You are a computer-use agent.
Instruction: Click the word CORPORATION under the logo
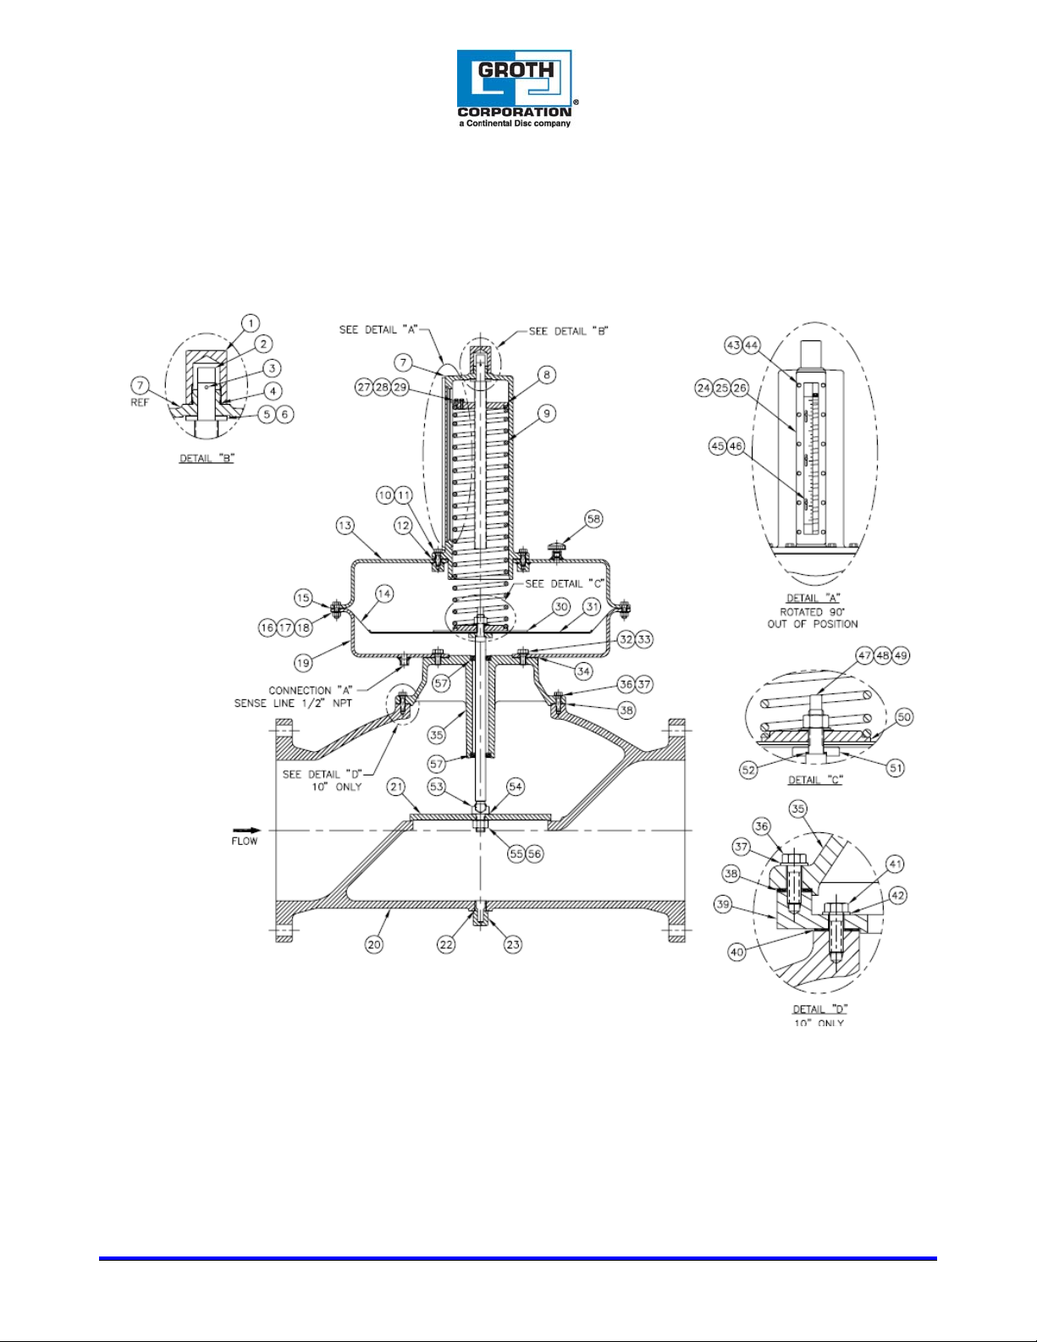(x=514, y=113)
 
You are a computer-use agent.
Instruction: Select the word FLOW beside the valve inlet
(x=245, y=842)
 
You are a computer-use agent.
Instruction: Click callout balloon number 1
(x=250, y=323)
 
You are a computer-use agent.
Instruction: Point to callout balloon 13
(x=345, y=526)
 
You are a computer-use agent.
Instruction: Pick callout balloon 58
(x=593, y=519)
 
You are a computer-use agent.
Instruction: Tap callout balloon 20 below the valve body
(x=374, y=944)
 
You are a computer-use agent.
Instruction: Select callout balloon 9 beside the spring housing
(x=547, y=413)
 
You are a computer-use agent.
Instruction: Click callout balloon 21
(x=395, y=787)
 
